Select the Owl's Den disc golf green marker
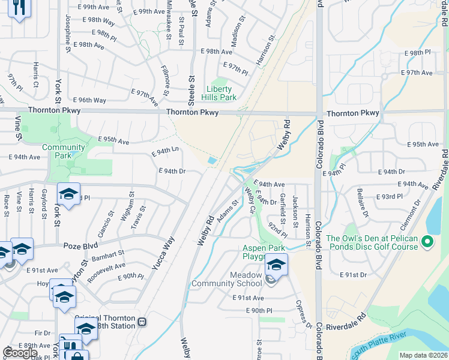point(427,242)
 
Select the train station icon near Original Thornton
point(142,321)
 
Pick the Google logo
point(20,353)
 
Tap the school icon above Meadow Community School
point(276,264)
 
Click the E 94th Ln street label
point(166,152)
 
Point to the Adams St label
point(228,209)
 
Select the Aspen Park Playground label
point(262,253)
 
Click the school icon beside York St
point(68,193)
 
